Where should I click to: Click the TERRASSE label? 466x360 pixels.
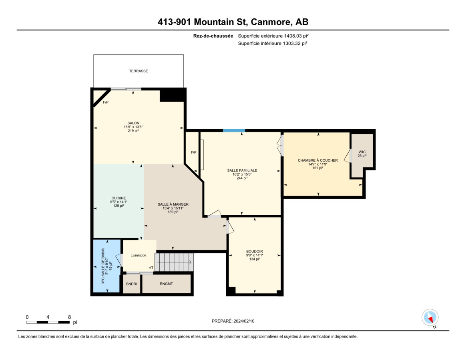(x=139, y=71)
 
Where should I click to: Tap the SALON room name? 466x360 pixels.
(x=133, y=123)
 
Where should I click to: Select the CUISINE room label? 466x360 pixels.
(x=119, y=198)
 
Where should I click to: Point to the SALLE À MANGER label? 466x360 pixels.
(x=173, y=204)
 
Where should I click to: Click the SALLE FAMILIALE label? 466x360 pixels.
(x=242, y=170)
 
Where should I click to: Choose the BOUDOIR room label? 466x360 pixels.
(x=254, y=251)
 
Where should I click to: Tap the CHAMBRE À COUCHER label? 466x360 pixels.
(x=318, y=160)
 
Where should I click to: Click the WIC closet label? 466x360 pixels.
(x=362, y=152)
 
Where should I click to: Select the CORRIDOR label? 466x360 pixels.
(x=139, y=256)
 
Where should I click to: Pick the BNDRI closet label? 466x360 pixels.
(x=132, y=284)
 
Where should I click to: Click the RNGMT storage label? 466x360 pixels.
(x=166, y=284)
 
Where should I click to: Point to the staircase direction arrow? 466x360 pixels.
(x=174, y=262)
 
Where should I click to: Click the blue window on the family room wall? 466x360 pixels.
(x=234, y=130)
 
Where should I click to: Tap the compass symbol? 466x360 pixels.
(x=430, y=318)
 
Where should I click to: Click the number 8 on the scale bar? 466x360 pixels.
(x=70, y=317)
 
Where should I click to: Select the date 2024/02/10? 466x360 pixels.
(x=244, y=321)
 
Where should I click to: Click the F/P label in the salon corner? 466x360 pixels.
(x=106, y=102)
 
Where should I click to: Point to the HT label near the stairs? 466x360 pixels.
(x=151, y=268)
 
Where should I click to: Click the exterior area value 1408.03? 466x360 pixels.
(x=292, y=36)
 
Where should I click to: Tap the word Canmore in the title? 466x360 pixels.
(x=271, y=22)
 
